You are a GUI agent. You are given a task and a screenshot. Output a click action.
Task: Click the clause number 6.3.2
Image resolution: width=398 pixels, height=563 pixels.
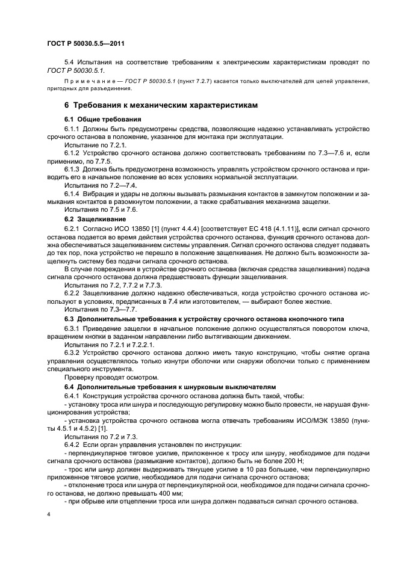click(73, 353)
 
